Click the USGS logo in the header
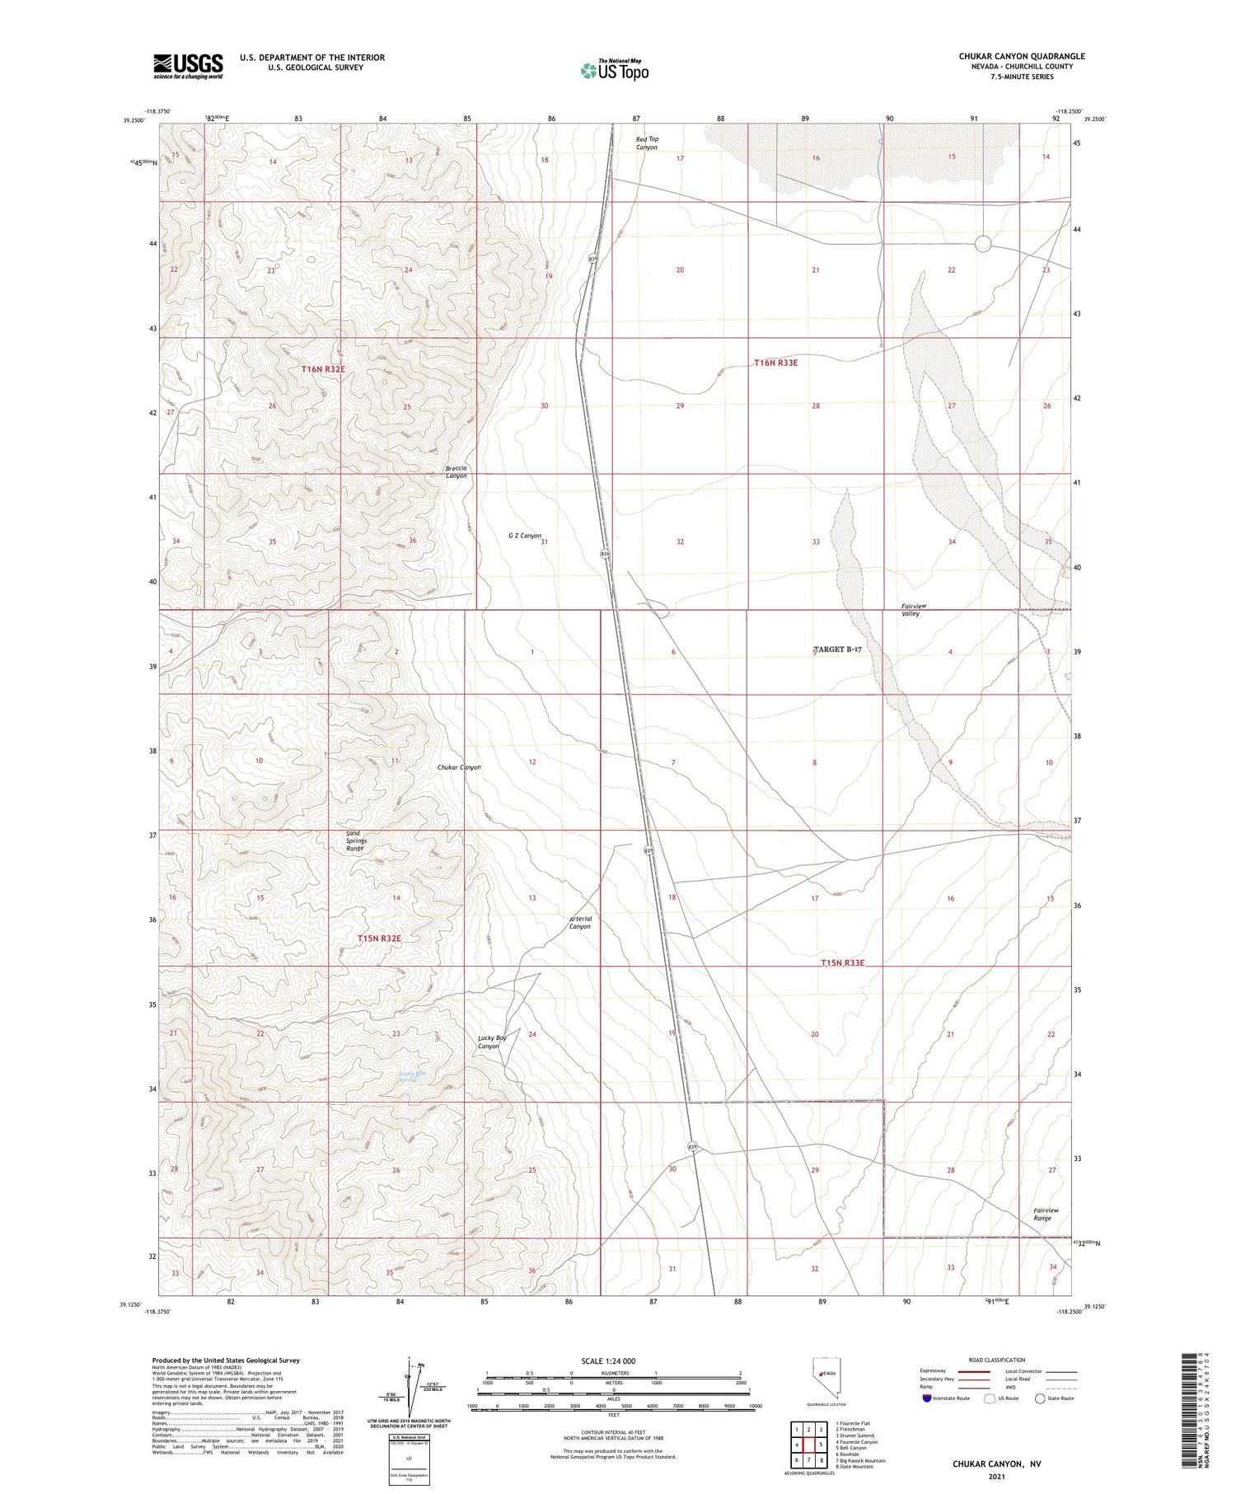click(188, 66)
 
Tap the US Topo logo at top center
click(615, 71)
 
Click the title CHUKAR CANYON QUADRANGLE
click(1021, 56)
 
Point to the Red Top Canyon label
click(647, 143)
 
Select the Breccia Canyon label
click(456, 472)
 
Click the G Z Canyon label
click(525, 536)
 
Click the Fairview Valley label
click(914, 610)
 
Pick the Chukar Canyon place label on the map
click(459, 767)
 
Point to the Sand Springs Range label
click(354, 841)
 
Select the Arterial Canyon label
click(580, 922)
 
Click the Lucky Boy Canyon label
click(491, 1042)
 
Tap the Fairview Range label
click(1046, 1214)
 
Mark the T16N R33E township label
click(775, 363)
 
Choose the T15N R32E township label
click(379, 939)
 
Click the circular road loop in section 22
click(983, 243)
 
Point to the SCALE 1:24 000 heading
click(608, 1361)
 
